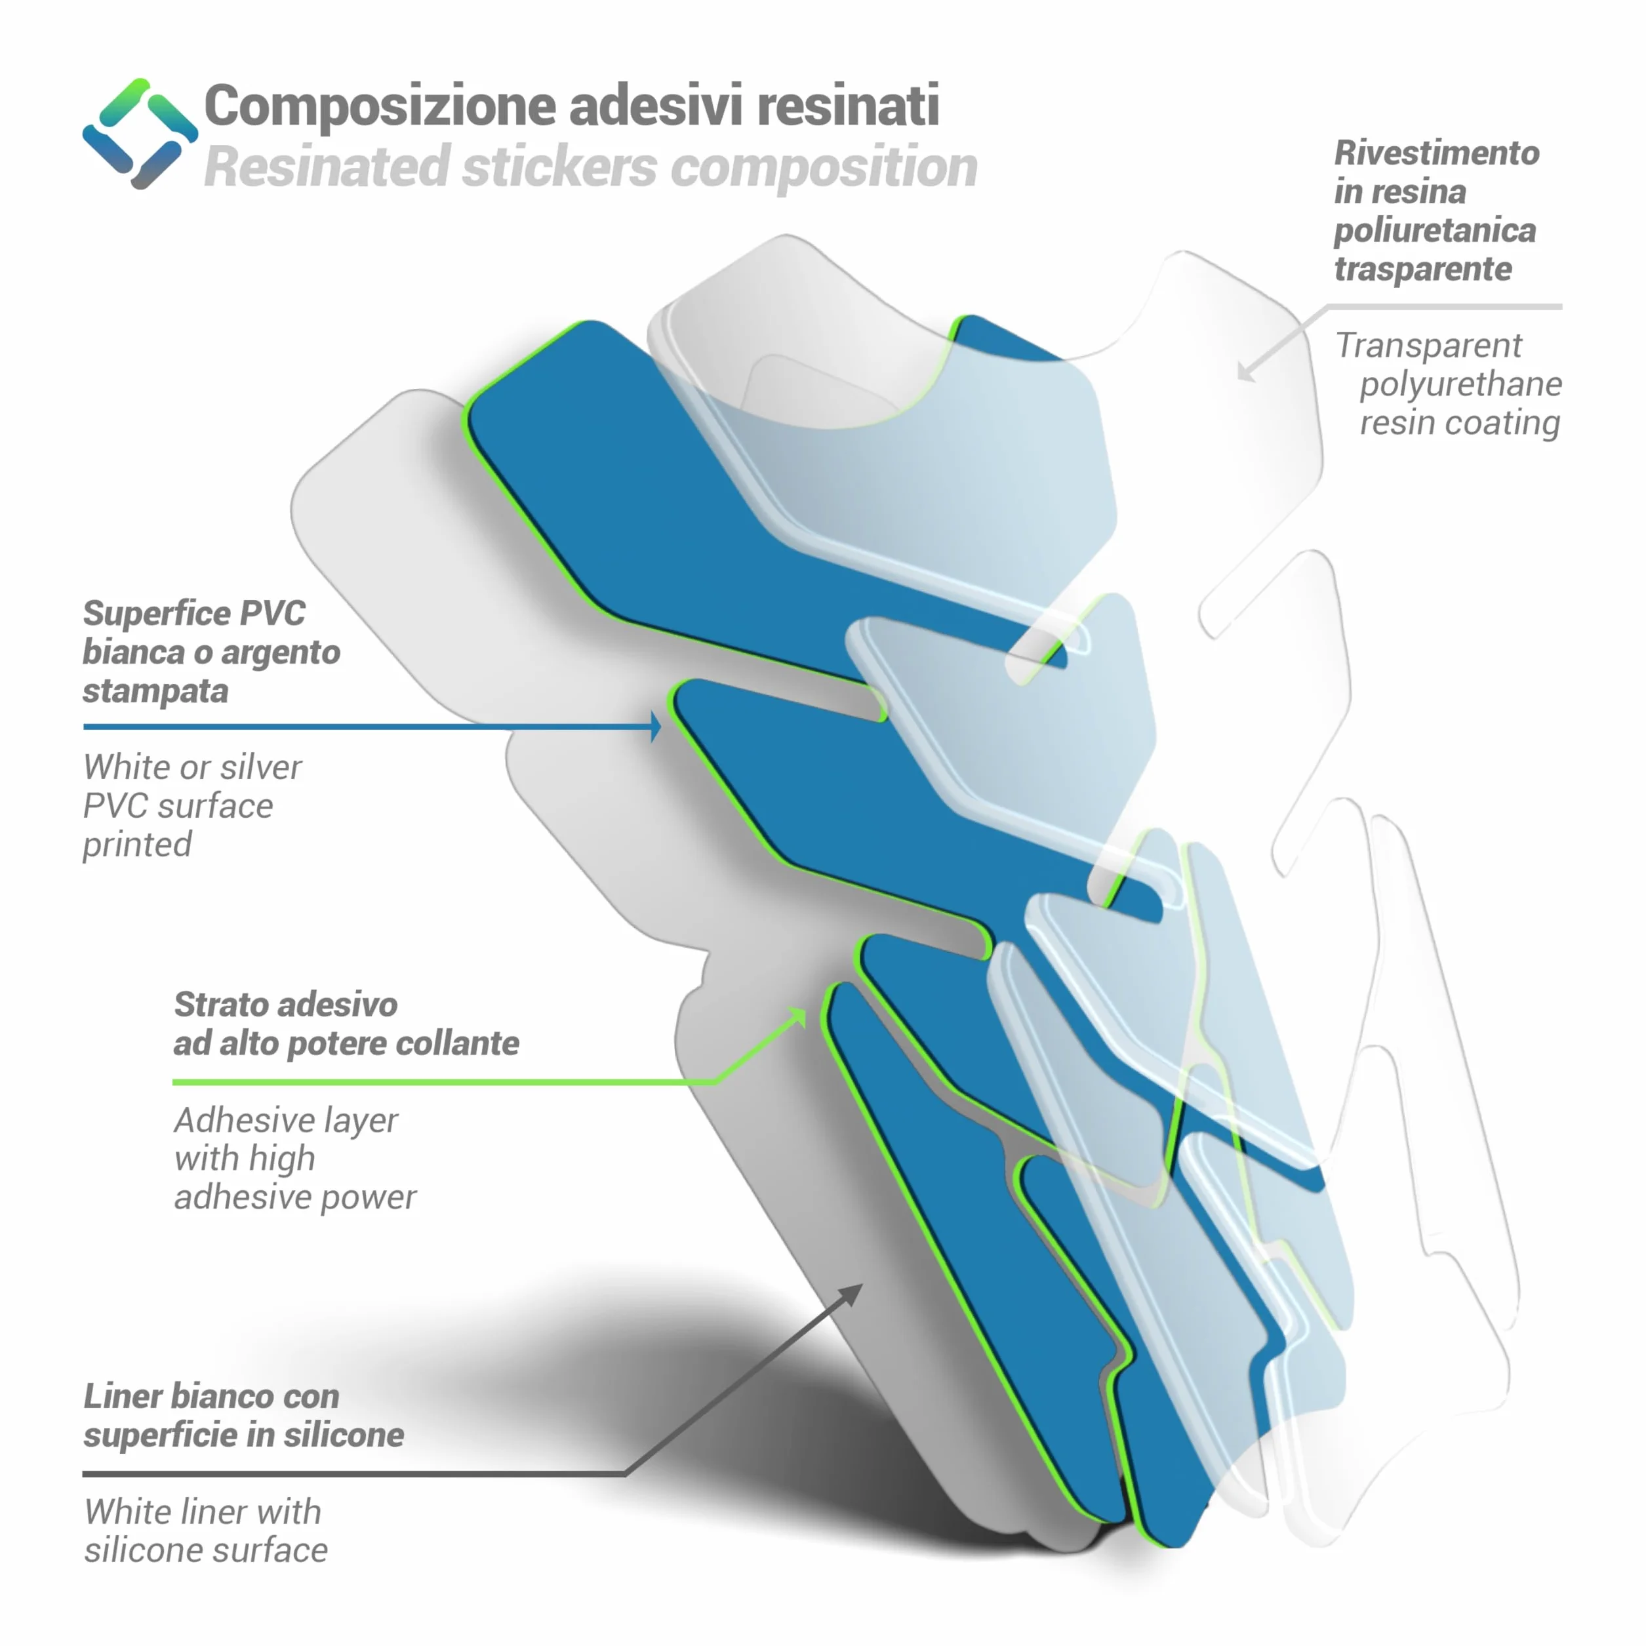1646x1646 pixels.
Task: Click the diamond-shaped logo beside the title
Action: tap(140, 134)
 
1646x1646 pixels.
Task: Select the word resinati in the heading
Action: tap(848, 106)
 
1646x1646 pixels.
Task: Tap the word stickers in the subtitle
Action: tap(560, 167)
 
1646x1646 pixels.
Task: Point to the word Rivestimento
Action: tap(1436, 153)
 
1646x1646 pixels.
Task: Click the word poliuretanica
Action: tap(1435, 231)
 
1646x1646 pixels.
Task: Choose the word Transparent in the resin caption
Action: tap(1428, 346)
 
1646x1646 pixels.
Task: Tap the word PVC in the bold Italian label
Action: tap(273, 613)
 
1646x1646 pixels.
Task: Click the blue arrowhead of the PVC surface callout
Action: tap(655, 727)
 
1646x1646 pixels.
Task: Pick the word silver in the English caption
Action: tap(259, 768)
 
